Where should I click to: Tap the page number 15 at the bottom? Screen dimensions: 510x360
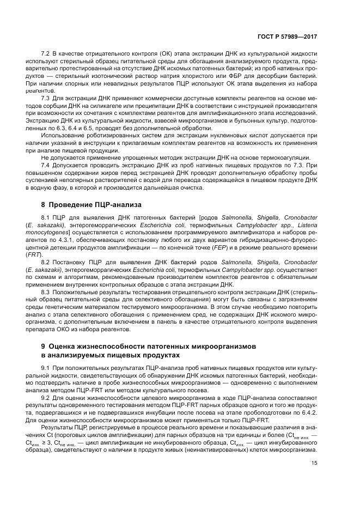tap(314, 463)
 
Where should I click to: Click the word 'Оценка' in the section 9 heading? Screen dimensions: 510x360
tap(68, 346)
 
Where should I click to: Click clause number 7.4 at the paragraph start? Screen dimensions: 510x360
tap(46, 165)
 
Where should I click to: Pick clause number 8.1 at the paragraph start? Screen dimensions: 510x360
tap(46, 218)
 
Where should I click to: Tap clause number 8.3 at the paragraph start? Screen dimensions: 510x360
tap(46, 293)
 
